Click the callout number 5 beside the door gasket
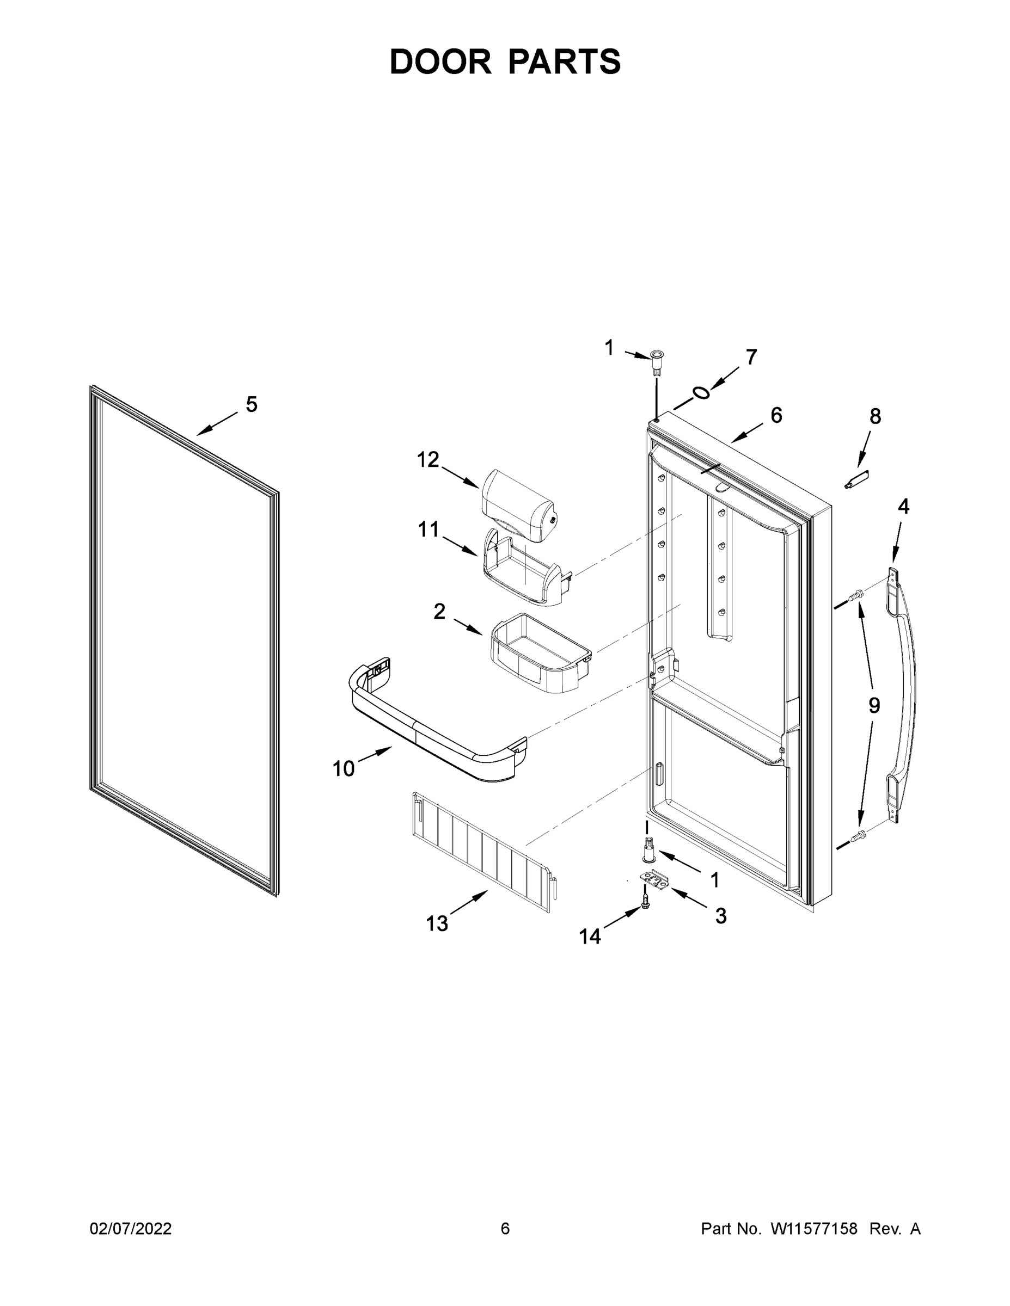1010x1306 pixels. coord(252,405)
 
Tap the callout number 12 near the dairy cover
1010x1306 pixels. coord(428,460)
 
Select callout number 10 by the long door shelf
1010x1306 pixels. coord(344,768)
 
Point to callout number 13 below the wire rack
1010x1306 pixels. coord(437,923)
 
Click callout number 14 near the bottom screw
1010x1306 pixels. coord(589,936)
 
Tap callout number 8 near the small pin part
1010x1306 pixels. coord(875,416)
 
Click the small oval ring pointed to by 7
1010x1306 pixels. coord(701,393)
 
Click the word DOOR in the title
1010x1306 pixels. coord(440,61)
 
